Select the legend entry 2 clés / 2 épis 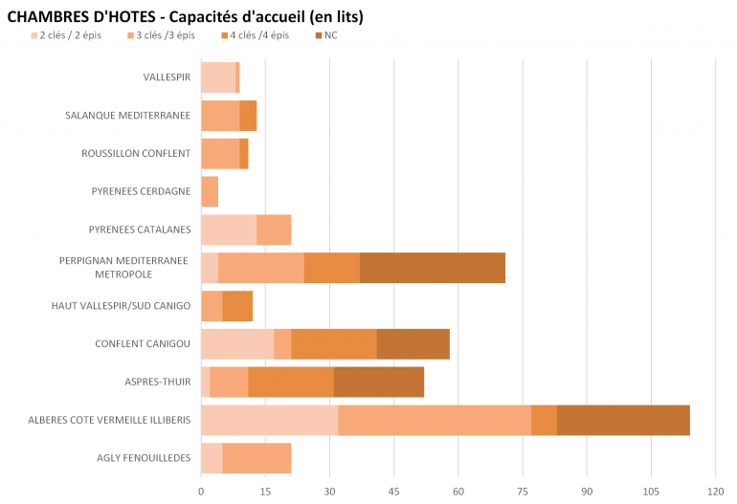[67, 35]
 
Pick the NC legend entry [330, 35]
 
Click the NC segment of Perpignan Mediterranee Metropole [433, 268]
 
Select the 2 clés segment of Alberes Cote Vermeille [269, 420]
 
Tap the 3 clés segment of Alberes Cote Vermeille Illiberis [435, 420]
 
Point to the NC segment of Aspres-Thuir [379, 382]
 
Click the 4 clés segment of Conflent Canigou [334, 343]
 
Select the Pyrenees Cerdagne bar [210, 191]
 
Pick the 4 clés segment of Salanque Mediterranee [248, 115]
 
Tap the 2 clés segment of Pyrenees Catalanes [229, 230]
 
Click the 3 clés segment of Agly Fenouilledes [257, 458]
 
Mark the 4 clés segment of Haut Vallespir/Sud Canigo [237, 306]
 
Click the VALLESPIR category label [167, 77]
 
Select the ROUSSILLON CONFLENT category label [136, 153]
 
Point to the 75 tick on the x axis [523, 492]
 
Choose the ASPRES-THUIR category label [157, 382]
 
